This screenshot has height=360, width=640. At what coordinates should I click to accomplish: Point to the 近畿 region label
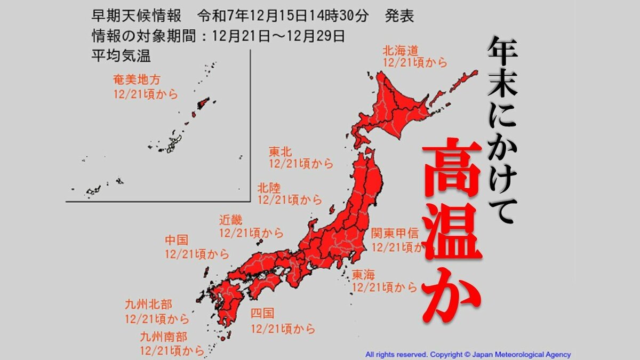230,220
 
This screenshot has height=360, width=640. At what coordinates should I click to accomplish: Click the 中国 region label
177,241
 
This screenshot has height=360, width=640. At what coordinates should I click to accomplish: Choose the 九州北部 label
148,305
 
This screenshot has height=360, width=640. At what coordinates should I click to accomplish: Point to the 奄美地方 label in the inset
137,81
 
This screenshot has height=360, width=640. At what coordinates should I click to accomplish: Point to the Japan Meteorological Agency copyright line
468,354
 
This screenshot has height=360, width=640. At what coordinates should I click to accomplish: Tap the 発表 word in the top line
399,17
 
